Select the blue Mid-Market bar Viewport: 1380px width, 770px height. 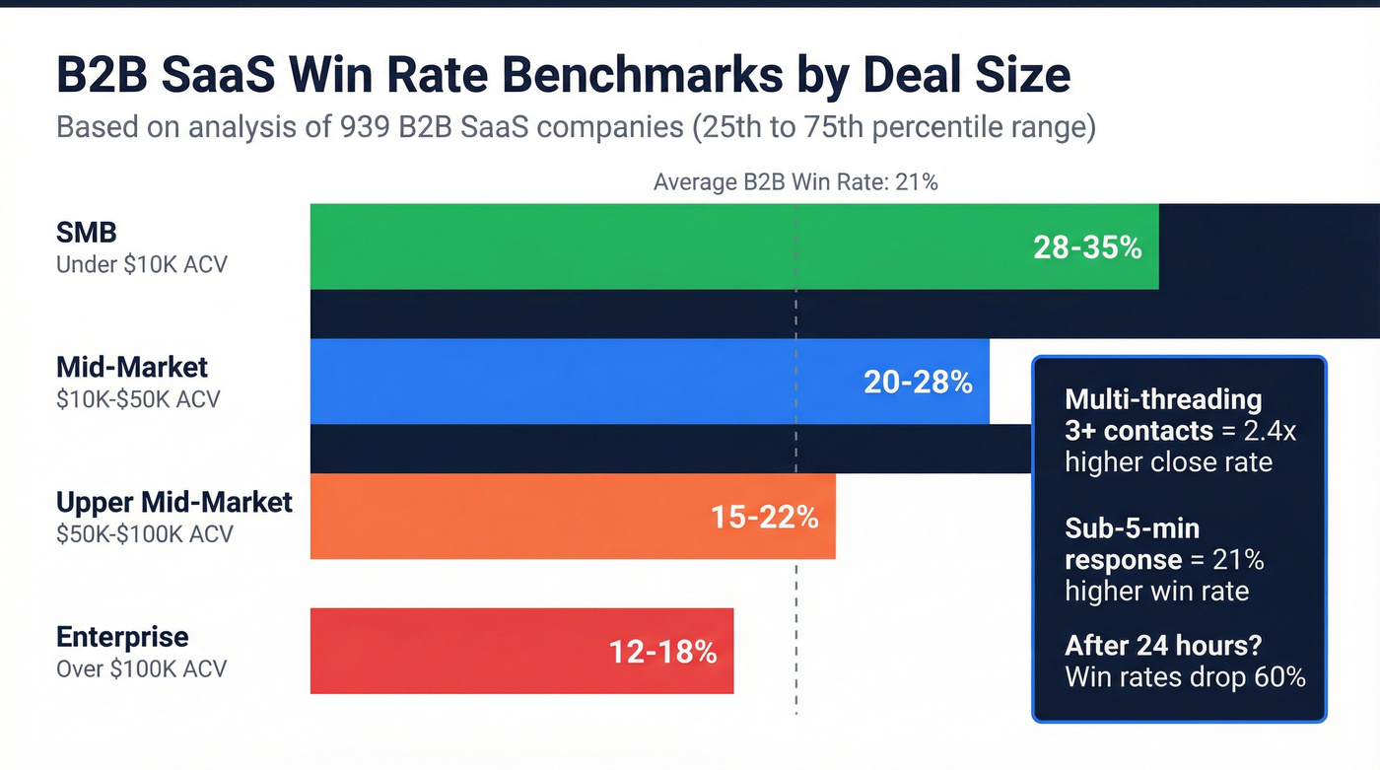[x=591, y=382]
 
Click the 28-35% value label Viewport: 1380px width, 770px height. [x=1087, y=247]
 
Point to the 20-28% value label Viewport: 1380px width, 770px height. [x=918, y=383]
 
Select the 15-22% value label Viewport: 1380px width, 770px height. [x=764, y=518]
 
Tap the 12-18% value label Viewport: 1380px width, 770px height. [x=662, y=652]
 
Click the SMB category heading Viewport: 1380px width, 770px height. [x=87, y=233]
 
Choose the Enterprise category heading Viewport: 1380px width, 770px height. [x=122, y=636]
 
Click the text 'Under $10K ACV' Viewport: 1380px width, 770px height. [x=141, y=264]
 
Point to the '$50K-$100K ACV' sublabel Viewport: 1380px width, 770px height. [x=145, y=533]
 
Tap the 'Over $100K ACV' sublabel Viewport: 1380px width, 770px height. [x=141, y=668]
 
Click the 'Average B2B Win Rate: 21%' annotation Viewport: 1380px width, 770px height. [x=794, y=181]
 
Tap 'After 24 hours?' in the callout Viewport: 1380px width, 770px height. [x=1164, y=646]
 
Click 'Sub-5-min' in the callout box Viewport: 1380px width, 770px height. [x=1132, y=528]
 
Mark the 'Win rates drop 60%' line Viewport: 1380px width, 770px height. [x=1185, y=677]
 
